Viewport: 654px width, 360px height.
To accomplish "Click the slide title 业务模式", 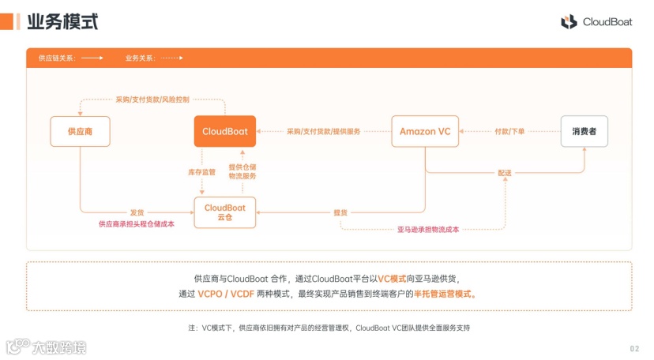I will coord(62,22).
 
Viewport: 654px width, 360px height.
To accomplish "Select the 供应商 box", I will coord(80,131).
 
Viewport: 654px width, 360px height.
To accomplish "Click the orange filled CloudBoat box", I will coord(225,131).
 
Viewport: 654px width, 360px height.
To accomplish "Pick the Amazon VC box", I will coord(425,131).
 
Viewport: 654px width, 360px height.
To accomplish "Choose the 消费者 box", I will coord(585,131).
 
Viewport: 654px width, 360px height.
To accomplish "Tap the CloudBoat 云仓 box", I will coord(225,213).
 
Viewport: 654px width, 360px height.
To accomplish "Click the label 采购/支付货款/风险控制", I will coord(152,100).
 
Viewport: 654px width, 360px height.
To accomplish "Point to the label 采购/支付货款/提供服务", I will coord(323,131).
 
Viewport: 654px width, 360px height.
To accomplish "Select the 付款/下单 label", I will coord(509,131).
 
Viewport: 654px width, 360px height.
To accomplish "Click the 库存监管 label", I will coord(201,171).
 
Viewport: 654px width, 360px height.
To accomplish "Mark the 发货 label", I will coord(137,212).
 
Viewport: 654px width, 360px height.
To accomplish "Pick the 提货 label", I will coord(340,212).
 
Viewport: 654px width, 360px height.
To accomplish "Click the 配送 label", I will coord(505,172).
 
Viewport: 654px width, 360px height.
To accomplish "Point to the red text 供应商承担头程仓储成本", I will coord(137,224).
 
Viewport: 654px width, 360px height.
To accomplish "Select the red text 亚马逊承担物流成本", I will coord(428,230).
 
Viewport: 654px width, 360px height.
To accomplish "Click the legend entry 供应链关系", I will coord(57,58).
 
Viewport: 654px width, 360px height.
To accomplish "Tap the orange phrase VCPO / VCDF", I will coord(230,294).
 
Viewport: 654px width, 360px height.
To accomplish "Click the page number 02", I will coord(634,349).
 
